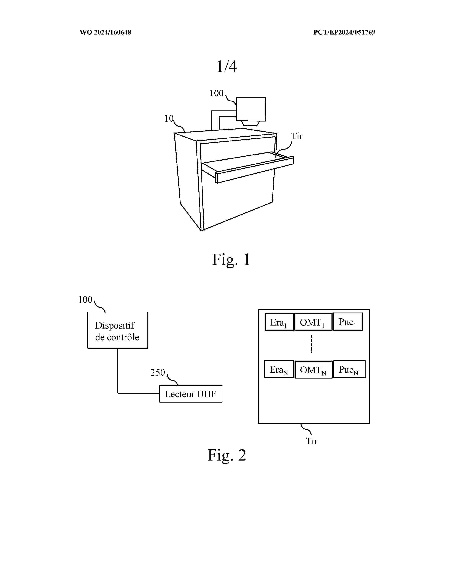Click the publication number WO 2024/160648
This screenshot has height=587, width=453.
pyautogui.click(x=105, y=33)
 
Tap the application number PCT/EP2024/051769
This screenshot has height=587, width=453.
pyautogui.click(x=344, y=33)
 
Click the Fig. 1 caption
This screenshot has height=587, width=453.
pyautogui.click(x=231, y=260)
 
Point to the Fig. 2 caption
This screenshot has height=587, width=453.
pyautogui.click(x=227, y=455)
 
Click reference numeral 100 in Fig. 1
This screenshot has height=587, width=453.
pyautogui.click(x=216, y=94)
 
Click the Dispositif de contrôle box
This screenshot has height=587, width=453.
pyautogui.click(x=118, y=330)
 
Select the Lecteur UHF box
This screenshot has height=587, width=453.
pyautogui.click(x=191, y=394)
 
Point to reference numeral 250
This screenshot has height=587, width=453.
pyautogui.click(x=158, y=372)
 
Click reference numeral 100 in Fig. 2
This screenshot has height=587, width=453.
pyautogui.click(x=85, y=300)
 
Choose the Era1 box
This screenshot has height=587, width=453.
pyautogui.click(x=279, y=322)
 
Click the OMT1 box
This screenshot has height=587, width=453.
pyautogui.click(x=313, y=322)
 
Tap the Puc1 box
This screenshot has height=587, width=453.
pyautogui.click(x=348, y=322)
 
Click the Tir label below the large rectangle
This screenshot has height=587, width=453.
pyautogui.click(x=312, y=441)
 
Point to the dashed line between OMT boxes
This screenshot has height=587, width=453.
pyautogui.click(x=311, y=344)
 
